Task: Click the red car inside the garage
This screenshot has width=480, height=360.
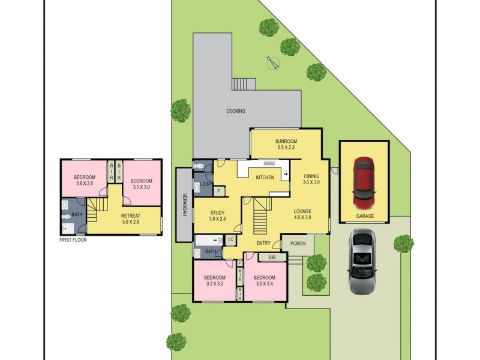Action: pyautogui.click(x=364, y=179)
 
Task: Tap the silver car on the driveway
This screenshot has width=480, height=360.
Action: pyautogui.click(x=364, y=261)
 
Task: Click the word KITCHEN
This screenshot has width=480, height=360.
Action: pyautogui.click(x=265, y=178)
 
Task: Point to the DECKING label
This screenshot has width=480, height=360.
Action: pyautogui.click(x=236, y=111)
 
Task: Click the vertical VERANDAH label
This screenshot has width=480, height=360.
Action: pyautogui.click(x=184, y=204)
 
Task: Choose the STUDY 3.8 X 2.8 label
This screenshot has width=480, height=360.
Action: pyautogui.click(x=217, y=215)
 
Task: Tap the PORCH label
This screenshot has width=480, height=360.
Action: pyautogui.click(x=298, y=244)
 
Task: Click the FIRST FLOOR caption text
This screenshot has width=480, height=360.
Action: pyautogui.click(x=73, y=240)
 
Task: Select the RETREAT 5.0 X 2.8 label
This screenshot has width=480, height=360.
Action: pyautogui.click(x=130, y=218)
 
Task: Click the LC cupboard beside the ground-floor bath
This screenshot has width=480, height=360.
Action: pyautogui.click(x=230, y=240)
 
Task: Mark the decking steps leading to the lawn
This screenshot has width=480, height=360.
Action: pyautogui.click(x=243, y=84)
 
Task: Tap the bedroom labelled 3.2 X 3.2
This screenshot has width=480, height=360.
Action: pyautogui.click(x=214, y=281)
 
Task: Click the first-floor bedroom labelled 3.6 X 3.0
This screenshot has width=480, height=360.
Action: pyautogui.click(x=85, y=181)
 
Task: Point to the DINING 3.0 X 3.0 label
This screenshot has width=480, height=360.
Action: pyautogui.click(x=311, y=179)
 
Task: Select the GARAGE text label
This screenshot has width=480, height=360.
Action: pyautogui.click(x=364, y=216)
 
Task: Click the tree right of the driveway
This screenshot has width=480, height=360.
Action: pyautogui.click(x=403, y=244)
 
